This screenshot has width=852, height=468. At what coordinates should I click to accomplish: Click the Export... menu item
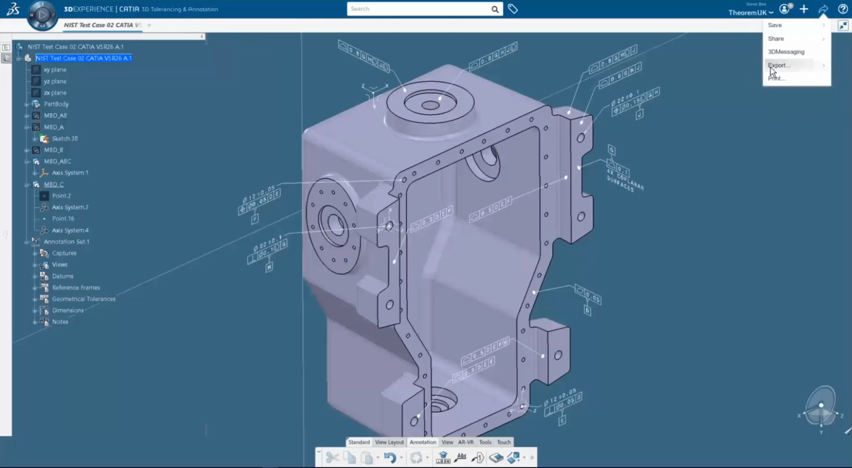pyautogui.click(x=779, y=65)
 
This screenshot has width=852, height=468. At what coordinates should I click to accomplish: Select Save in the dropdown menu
pyautogui.click(x=775, y=25)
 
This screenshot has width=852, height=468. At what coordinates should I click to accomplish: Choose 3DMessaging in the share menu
pyautogui.click(x=786, y=52)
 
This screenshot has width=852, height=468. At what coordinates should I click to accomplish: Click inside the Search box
pyautogui.click(x=418, y=9)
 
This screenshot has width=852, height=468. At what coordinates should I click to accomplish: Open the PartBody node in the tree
pyautogui.click(x=56, y=104)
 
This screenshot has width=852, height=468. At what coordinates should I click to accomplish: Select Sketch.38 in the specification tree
pyautogui.click(x=64, y=138)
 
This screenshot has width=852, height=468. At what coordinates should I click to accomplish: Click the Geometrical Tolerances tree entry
pyautogui.click(x=84, y=299)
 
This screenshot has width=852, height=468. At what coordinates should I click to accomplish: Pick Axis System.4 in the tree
pyautogui.click(x=70, y=230)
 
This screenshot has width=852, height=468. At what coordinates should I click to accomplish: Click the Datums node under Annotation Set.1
pyautogui.click(x=62, y=276)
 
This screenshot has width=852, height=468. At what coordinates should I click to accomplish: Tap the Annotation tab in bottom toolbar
pyautogui.click(x=423, y=442)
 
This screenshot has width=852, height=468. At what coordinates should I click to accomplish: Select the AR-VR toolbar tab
pyautogui.click(x=466, y=442)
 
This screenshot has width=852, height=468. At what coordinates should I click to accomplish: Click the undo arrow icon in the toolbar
pyautogui.click(x=390, y=457)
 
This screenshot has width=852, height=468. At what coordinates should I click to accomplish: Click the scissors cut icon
pyautogui.click(x=332, y=457)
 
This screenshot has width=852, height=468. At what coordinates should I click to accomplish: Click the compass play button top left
pyautogui.click(x=42, y=15)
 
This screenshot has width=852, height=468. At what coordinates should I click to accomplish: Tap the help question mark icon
pyautogui.click(x=842, y=9)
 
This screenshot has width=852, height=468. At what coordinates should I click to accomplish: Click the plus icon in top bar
pyautogui.click(x=804, y=9)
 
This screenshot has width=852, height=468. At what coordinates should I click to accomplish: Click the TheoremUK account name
pyautogui.click(x=748, y=13)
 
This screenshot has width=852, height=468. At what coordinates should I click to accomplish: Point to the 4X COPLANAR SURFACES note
pyautogui.click(x=625, y=180)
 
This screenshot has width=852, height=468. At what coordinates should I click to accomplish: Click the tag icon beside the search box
pyautogui.click(x=513, y=9)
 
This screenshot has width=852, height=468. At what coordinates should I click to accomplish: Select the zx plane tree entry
pyautogui.click(x=55, y=93)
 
